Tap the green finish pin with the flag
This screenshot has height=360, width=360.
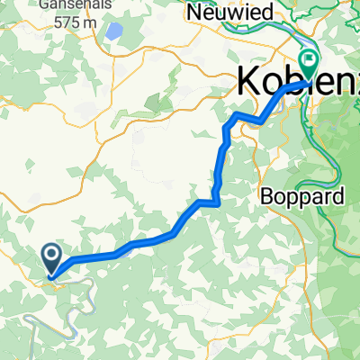click(x=310, y=64)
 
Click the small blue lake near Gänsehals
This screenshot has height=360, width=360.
click(x=114, y=31)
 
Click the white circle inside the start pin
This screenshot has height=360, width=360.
click(x=52, y=256)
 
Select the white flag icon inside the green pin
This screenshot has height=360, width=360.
click(x=310, y=60)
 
